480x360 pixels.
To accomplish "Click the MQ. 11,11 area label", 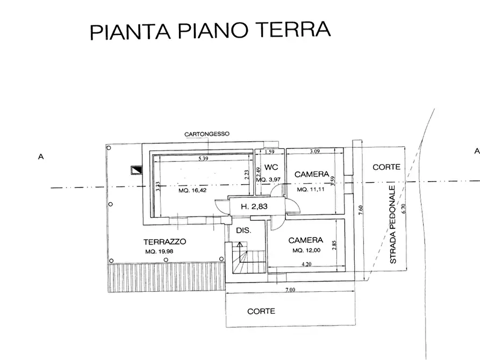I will click(x=310, y=190).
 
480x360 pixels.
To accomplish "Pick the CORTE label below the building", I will click(x=261, y=311).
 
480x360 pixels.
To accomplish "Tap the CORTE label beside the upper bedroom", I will click(x=386, y=167).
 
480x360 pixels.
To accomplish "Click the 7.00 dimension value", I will click(x=290, y=290).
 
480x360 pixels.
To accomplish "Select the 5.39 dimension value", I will click(x=203, y=159).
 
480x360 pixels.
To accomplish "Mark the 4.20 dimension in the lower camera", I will click(x=307, y=264).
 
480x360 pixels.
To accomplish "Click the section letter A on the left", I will click(x=40, y=157).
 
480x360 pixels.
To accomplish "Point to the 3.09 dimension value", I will click(x=315, y=152).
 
